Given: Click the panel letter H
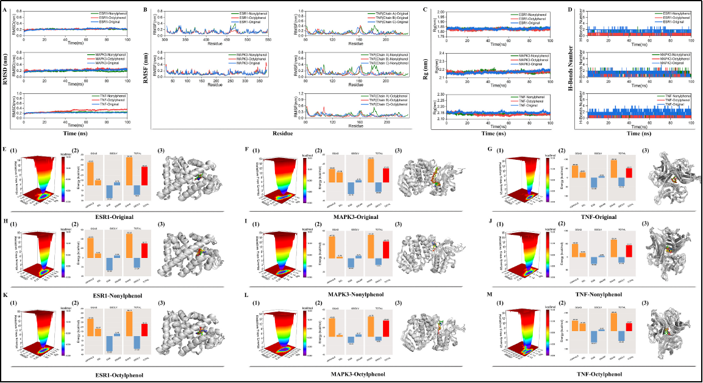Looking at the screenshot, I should tap(5, 224).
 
